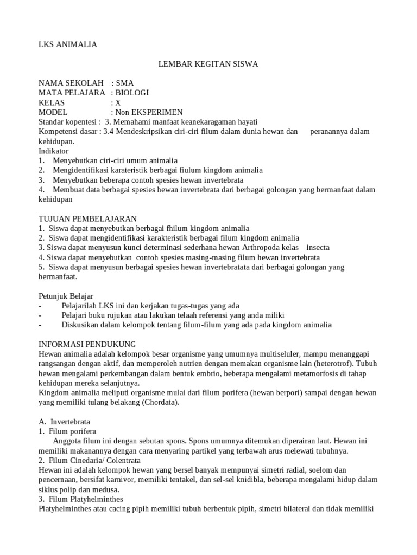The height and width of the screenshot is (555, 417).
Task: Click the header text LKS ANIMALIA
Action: [68, 44]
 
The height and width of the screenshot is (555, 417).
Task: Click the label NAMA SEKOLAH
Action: [71, 83]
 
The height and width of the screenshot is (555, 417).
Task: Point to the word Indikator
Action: [54, 151]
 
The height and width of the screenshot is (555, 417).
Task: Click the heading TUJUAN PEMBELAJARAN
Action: [88, 218]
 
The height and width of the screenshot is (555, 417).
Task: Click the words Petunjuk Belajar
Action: [66, 296]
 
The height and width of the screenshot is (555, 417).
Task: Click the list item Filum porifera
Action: [72, 431]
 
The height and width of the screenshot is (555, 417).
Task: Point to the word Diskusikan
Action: [83, 325]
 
